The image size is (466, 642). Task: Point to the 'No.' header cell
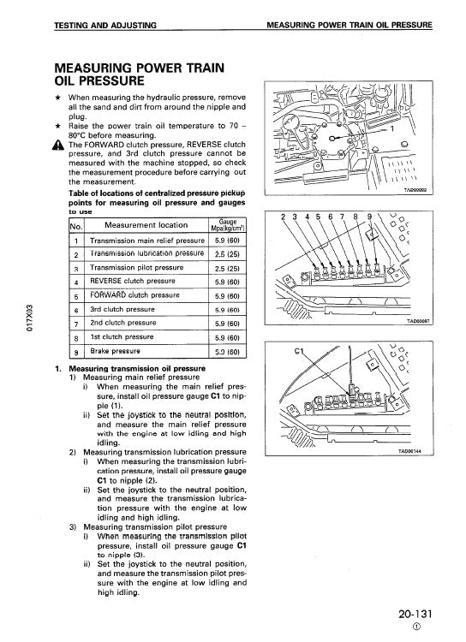click(x=74, y=226)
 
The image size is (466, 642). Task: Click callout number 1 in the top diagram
click(x=392, y=130)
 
